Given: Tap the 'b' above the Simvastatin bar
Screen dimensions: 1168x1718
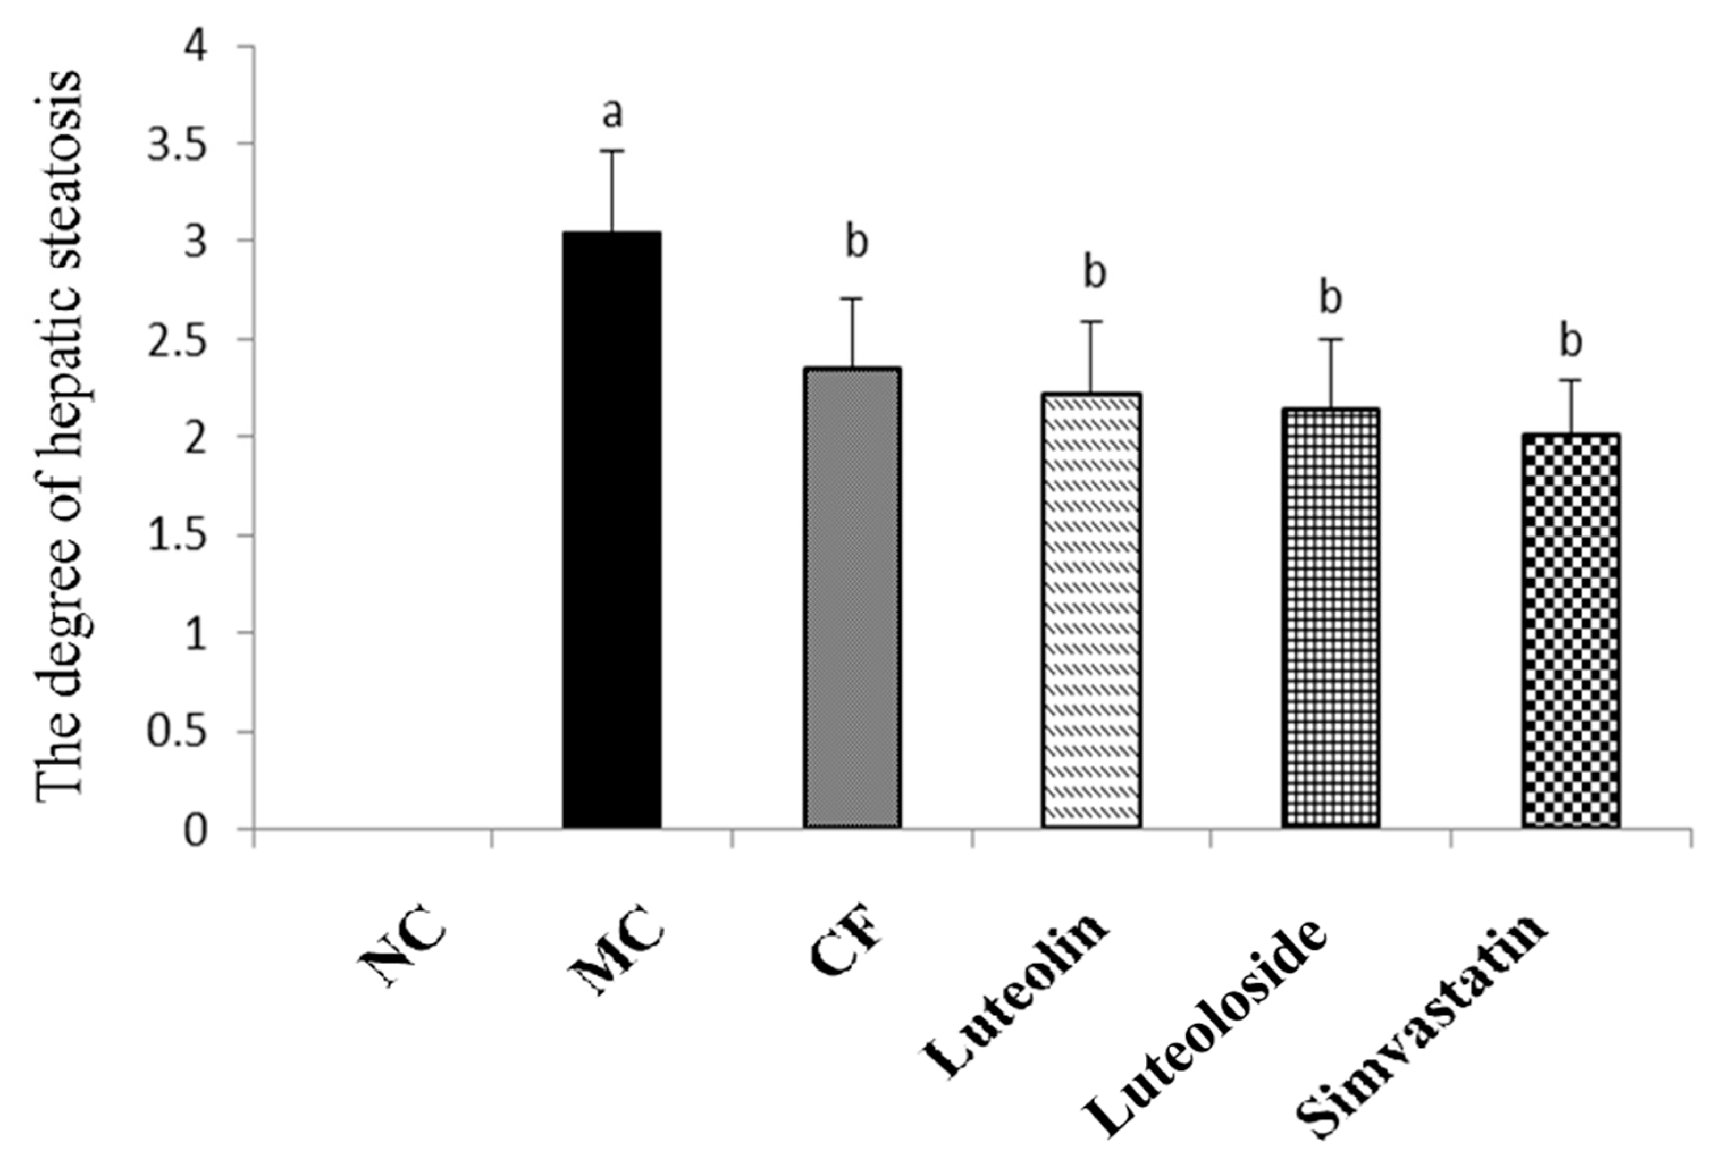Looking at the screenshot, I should [x=1571, y=341].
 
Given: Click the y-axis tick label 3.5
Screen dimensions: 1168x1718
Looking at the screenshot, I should [x=178, y=144].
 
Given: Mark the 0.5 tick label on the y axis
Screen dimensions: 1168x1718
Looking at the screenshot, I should [x=178, y=731].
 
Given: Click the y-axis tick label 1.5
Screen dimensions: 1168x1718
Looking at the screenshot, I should [x=178, y=535].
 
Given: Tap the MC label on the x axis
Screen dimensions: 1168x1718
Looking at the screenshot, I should [x=619, y=953].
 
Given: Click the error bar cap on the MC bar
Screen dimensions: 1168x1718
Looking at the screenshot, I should [x=612, y=151].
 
